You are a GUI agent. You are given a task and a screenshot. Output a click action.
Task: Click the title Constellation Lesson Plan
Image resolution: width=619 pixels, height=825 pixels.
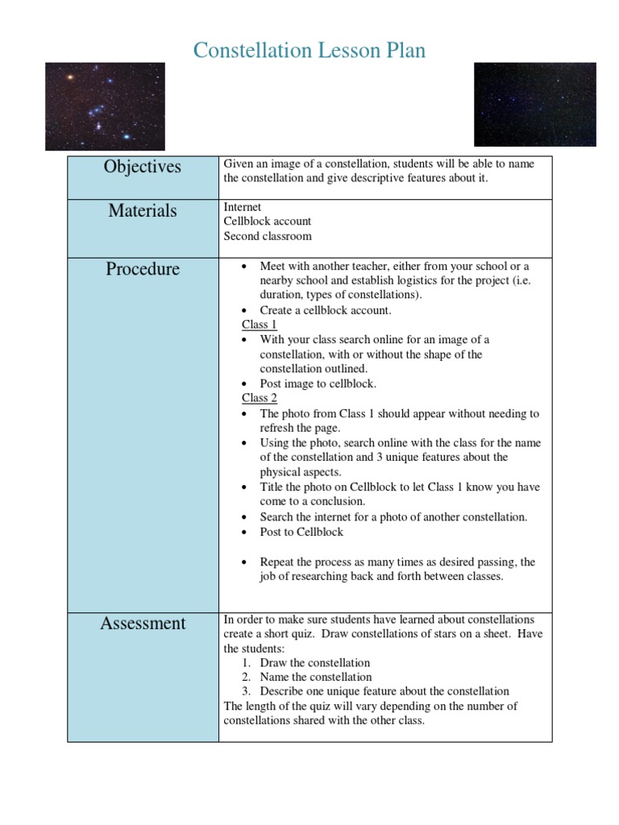[309, 51]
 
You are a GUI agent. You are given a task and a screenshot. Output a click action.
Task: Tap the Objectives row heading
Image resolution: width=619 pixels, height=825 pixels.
[142, 167]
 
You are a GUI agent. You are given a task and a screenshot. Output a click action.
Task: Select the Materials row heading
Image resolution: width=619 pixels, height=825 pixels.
[142, 211]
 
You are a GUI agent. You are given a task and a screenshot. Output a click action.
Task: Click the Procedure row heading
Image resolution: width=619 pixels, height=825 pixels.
[142, 269]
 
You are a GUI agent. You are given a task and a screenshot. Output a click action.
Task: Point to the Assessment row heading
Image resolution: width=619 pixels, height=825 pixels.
[142, 623]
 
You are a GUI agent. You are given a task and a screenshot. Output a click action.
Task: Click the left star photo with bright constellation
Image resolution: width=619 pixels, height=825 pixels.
[105, 106]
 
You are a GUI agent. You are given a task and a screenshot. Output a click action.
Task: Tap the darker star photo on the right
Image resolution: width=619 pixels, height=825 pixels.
[534, 104]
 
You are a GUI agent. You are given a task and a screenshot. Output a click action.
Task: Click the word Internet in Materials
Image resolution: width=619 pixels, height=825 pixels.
[243, 207]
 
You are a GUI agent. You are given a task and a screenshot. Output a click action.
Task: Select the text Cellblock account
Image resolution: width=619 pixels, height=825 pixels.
[268, 222]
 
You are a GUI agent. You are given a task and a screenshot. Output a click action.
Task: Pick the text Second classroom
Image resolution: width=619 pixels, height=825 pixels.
[268, 236]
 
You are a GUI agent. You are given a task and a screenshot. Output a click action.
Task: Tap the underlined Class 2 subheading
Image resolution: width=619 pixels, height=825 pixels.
[260, 398]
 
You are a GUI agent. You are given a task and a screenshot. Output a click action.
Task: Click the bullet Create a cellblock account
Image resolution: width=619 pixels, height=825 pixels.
[325, 310]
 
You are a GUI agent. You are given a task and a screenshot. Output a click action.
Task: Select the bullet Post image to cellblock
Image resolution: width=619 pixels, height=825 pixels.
[318, 383]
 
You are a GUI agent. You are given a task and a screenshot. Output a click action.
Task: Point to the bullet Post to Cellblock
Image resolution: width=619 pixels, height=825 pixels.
[301, 532]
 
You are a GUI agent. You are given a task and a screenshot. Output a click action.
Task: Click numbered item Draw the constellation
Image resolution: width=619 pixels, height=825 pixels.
[314, 662]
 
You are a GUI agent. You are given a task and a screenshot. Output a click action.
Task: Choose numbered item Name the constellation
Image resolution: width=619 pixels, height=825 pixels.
[315, 677]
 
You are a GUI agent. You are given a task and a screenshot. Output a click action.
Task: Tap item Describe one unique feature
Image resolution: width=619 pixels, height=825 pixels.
[384, 691]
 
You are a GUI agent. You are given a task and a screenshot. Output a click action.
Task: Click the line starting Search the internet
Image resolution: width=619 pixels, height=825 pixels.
[393, 517]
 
